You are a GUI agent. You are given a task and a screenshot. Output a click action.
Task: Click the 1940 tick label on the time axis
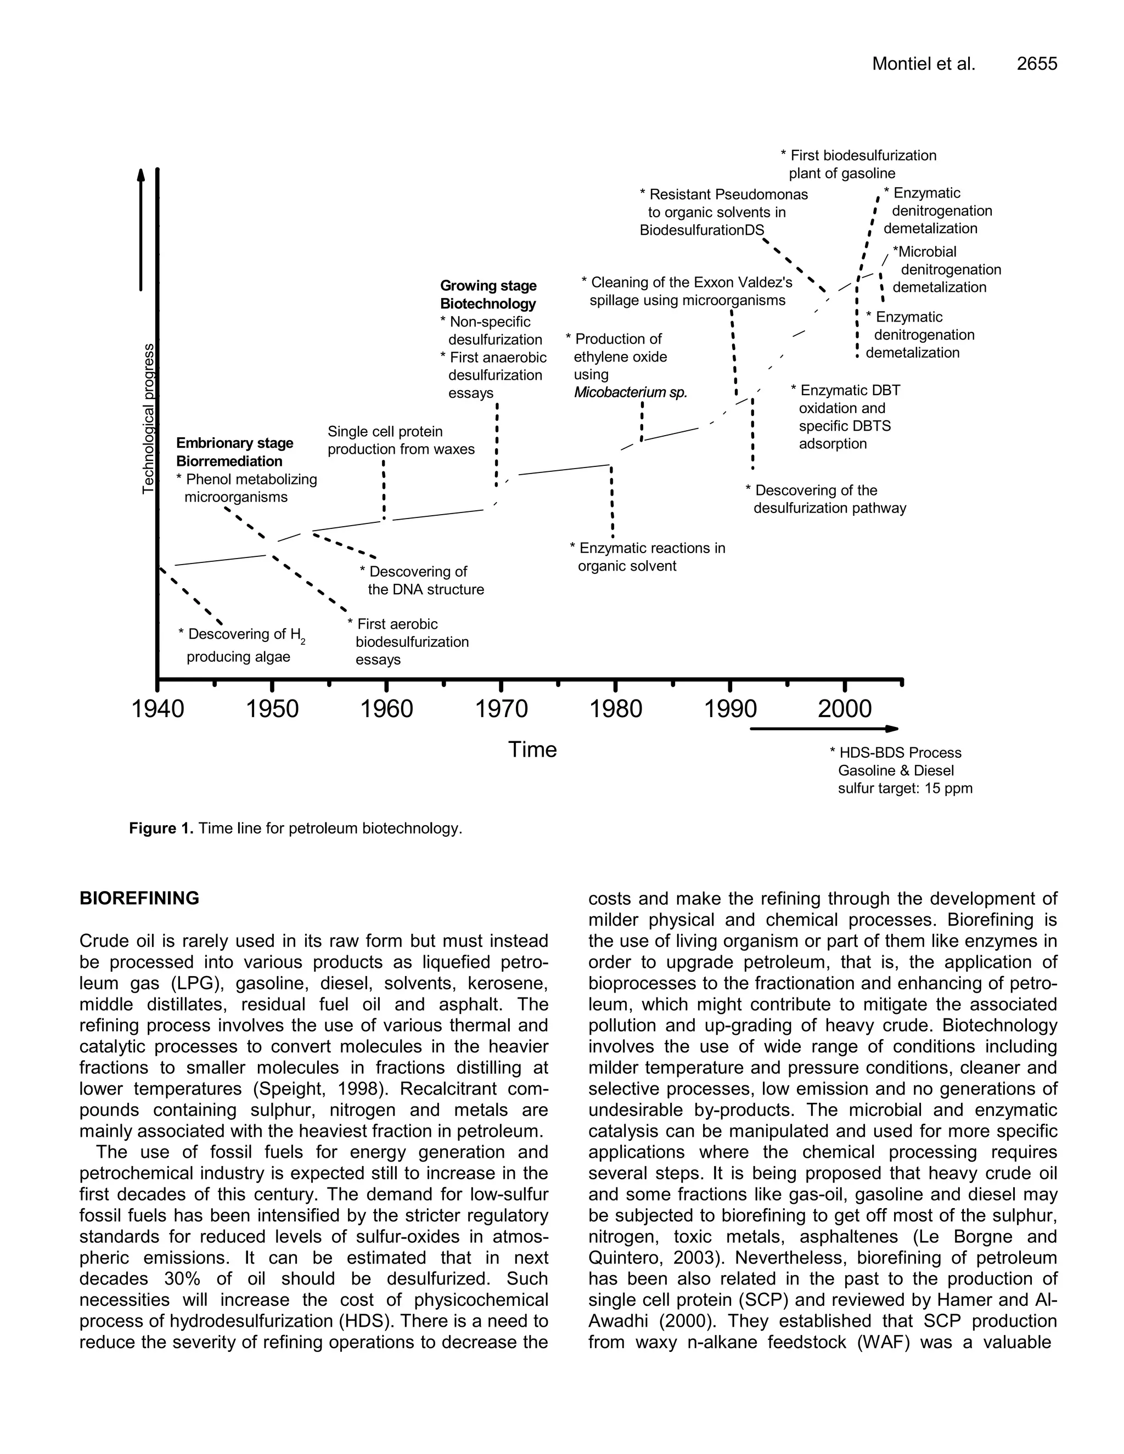pyautogui.click(x=158, y=709)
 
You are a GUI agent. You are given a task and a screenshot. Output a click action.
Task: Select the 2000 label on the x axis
pyautogui.click(x=844, y=709)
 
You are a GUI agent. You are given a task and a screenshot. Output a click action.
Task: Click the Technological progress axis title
pyautogui.click(x=149, y=419)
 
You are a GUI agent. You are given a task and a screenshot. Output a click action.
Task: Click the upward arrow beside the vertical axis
pyautogui.click(x=141, y=230)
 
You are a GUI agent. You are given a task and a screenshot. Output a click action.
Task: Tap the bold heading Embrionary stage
pyautogui.click(x=234, y=443)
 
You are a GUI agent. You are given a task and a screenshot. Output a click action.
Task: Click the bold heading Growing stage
pyautogui.click(x=488, y=286)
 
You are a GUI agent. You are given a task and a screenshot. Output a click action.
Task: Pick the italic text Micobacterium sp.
pyautogui.click(x=630, y=393)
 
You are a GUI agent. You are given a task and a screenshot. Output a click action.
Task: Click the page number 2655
pyautogui.click(x=1037, y=64)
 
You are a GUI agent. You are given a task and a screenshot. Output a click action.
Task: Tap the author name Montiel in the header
pyautogui.click(x=899, y=64)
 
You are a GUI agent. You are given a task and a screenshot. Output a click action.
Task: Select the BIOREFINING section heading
pyautogui.click(x=139, y=899)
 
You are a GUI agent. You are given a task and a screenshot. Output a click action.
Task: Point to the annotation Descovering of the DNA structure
pyautogui.click(x=421, y=581)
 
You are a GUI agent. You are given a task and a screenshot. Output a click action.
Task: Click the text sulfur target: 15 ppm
pyautogui.click(x=905, y=789)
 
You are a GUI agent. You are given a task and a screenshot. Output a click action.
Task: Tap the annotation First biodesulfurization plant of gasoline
pyautogui.click(x=858, y=165)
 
